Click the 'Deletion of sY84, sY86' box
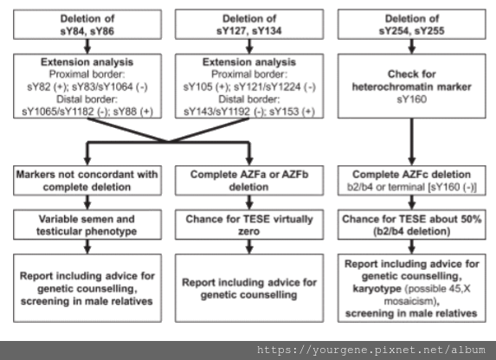pyautogui.click(x=87, y=24)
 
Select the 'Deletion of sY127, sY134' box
pyautogui.click(x=249, y=24)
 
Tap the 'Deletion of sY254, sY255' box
pyautogui.click(x=411, y=24)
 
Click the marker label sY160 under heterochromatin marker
pyautogui.click(x=411, y=99)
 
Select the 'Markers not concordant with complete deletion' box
pyautogui.click(x=87, y=181)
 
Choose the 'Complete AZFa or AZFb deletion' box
pyautogui.click(x=249, y=181)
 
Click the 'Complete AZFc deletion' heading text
pyautogui.click(x=411, y=174)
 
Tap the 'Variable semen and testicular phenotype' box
pyautogui.click(x=87, y=225)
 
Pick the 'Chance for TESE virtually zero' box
pyautogui.click(x=249, y=225)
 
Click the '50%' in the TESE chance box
pyautogui.click(x=470, y=219)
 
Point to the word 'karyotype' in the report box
pyautogui.click(x=377, y=288)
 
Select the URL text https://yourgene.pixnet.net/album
pyautogui.click(x=371, y=350)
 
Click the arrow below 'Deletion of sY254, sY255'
pyautogui.click(x=411, y=47)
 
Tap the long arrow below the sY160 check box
pyautogui.click(x=411, y=142)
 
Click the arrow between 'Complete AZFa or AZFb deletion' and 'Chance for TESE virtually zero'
pyautogui.click(x=249, y=202)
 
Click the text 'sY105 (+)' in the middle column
pyautogui.click(x=205, y=87)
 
